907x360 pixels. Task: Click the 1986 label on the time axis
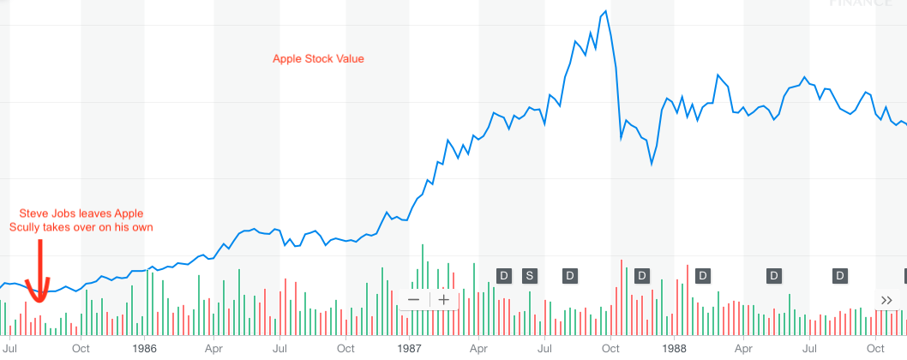(144, 349)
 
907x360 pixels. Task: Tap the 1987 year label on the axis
(409, 349)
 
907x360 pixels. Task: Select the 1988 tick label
(675, 349)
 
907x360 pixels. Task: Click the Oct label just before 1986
(81, 349)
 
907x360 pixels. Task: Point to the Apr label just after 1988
(743, 349)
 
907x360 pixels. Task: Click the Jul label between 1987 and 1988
(544, 349)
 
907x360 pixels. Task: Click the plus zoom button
(443, 299)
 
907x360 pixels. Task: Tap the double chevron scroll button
(886, 299)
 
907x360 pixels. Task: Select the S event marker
(529, 275)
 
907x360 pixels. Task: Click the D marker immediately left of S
(504, 275)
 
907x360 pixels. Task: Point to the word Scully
(27, 227)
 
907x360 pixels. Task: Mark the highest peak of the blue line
(605, 11)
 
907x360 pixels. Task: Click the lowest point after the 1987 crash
(652, 164)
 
